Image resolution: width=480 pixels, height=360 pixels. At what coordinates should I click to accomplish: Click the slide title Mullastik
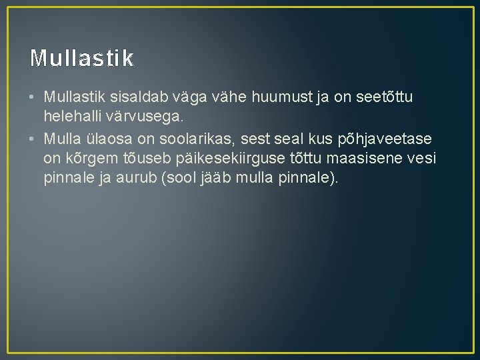pyautogui.click(x=81, y=59)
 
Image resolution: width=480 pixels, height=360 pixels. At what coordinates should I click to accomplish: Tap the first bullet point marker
pyautogui.click(x=33, y=98)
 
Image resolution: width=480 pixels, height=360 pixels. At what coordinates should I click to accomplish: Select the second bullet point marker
pyautogui.click(x=33, y=139)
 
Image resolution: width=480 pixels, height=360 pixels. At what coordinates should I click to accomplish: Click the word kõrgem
pyautogui.click(x=85, y=159)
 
